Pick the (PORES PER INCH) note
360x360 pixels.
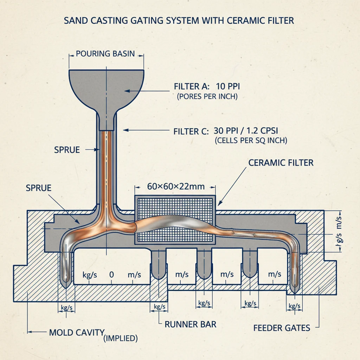click(207, 96)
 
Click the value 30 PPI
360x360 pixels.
click(224, 131)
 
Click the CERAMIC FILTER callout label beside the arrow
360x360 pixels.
click(281, 163)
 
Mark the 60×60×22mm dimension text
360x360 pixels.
click(176, 186)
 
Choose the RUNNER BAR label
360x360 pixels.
click(191, 324)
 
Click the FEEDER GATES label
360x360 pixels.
click(282, 328)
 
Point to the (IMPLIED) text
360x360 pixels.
click(121, 339)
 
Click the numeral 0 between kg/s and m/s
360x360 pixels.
click(111, 275)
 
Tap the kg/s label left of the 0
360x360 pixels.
click(90, 275)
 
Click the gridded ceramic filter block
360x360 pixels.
click(175, 220)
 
